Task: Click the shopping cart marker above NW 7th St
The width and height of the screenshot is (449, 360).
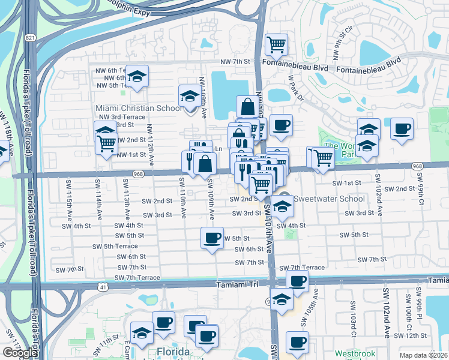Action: click(276, 44)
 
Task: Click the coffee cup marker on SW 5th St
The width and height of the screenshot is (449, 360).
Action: click(212, 238)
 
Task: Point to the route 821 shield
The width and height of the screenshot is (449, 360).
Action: click(30, 37)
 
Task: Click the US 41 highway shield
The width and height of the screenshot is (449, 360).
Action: click(103, 287)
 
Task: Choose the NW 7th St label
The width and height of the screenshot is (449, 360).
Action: click(235, 62)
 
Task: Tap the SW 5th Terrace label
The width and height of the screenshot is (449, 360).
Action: click(112, 246)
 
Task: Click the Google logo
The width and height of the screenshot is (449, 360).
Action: click(19, 353)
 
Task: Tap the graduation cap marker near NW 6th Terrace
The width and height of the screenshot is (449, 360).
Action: click(137, 76)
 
